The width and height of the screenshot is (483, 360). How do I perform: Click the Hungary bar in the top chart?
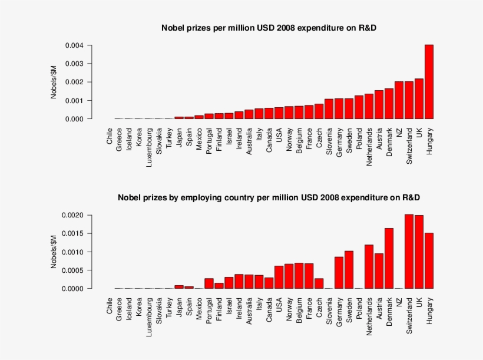pos(429,82)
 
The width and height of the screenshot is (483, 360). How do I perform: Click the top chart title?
pos(269,28)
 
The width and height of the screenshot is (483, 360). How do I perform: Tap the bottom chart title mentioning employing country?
pos(269,197)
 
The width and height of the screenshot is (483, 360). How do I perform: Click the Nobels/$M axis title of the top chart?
pos(53,82)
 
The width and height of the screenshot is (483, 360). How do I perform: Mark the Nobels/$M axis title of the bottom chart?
pos(53,252)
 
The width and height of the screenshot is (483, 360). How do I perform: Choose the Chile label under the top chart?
pos(110,139)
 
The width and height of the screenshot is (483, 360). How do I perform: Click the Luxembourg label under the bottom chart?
pos(150,316)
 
